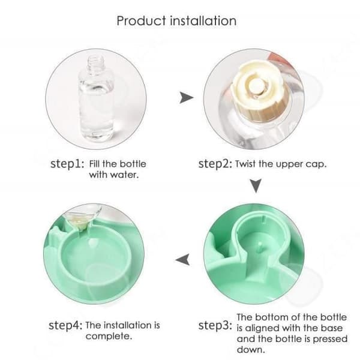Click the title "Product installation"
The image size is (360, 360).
point(176,21)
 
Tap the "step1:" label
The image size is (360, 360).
point(67,164)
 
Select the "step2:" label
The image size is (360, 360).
point(215,164)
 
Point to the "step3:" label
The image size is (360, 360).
point(215,325)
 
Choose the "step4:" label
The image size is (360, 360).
point(65,325)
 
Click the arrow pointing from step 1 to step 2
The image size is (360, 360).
point(186,98)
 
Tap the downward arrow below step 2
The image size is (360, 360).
point(256,186)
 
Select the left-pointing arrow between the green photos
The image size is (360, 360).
point(183,260)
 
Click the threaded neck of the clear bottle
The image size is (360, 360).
point(96,63)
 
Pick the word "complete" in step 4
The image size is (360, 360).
point(109,337)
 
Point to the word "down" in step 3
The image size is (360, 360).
point(251,350)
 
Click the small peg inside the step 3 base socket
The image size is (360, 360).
point(260,245)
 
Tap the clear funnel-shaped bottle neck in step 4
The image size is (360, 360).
point(83,218)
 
